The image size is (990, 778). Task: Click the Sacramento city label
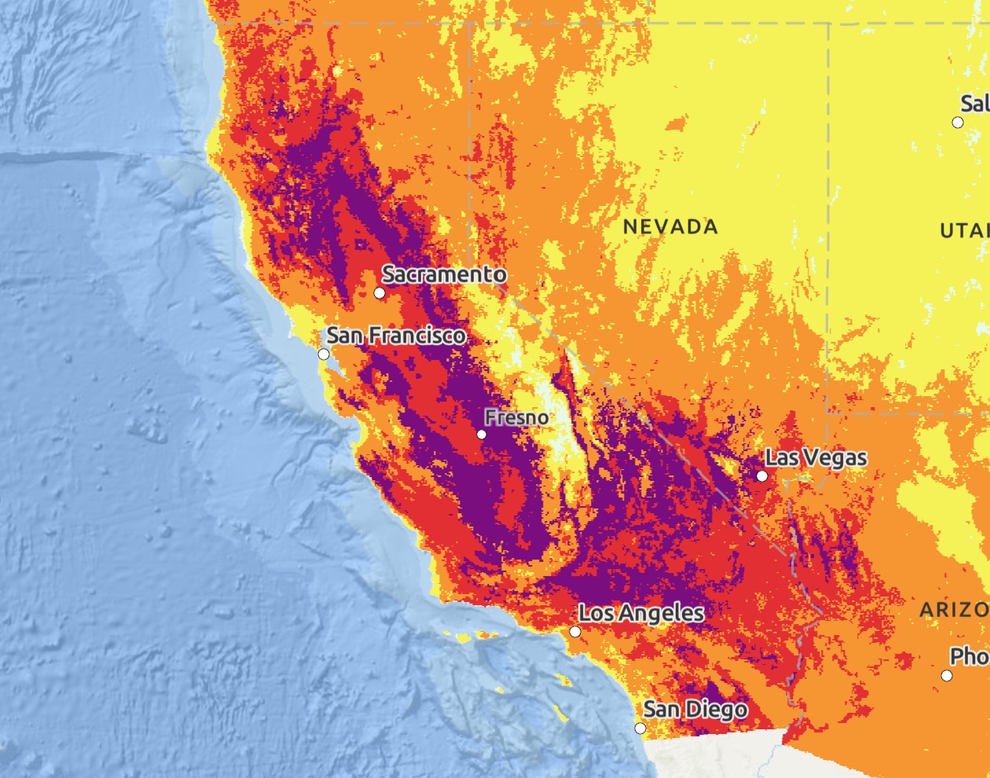coord(444,274)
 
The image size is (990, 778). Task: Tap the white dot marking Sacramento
coord(379,293)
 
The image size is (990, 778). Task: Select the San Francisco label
coord(396,336)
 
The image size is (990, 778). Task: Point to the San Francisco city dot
coord(324,354)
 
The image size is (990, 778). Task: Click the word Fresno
coord(516,417)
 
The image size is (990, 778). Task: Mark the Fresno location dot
coord(482,435)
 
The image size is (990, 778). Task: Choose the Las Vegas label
coord(816,458)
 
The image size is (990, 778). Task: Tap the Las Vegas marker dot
coord(762,476)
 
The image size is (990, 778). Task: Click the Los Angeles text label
coord(641,613)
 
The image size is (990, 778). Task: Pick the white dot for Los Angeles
coord(575,632)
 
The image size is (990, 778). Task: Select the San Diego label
coord(695,710)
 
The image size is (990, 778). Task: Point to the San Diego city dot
coord(640,728)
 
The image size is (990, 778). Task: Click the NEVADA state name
coord(670,227)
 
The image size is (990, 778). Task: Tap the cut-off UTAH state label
coord(965,231)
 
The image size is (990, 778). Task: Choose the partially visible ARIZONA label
coord(955,610)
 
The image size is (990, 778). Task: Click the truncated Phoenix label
coord(970,656)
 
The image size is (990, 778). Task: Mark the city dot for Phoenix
coord(947,676)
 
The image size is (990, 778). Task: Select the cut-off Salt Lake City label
coord(974,103)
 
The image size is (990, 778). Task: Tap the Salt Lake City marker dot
coord(958,123)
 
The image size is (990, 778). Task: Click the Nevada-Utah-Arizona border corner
coord(827,412)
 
